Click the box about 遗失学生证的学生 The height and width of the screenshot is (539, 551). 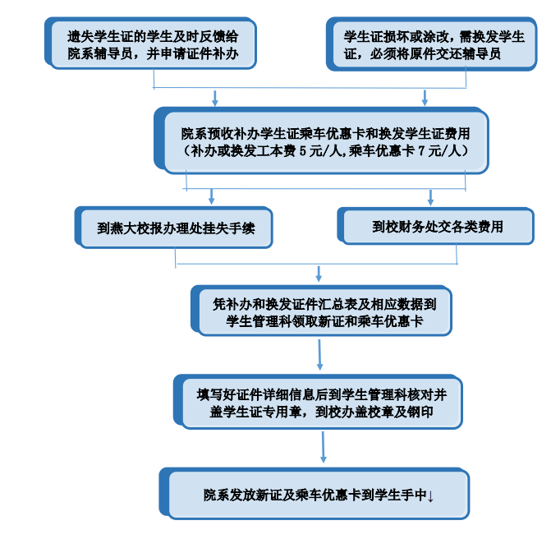pos(153,44)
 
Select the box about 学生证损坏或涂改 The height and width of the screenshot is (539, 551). pos(423,44)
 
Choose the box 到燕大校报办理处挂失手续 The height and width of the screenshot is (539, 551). pos(176,228)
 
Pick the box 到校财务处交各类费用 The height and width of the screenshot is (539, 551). pos(437,226)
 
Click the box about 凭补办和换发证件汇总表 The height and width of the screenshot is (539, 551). pos(324,312)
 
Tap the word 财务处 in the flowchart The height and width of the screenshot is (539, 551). pos(414,226)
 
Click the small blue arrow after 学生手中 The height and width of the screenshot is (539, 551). pos(431,495)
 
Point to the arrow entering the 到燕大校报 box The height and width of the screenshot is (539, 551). pos(212,197)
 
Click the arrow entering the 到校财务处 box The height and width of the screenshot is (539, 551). pos(430,197)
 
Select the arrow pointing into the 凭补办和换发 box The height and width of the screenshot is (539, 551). pos(319,274)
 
